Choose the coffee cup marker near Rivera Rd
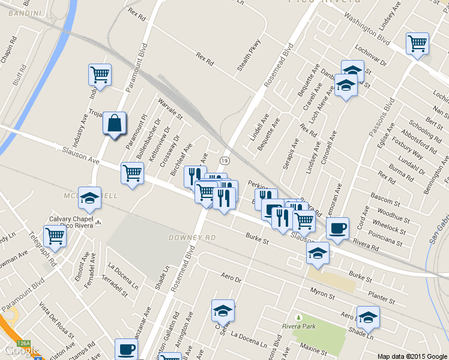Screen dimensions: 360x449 [x=337, y=228]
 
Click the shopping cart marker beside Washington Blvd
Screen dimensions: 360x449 [x=417, y=43]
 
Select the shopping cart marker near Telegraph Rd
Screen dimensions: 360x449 [x=55, y=236]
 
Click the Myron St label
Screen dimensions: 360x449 [x=323, y=293]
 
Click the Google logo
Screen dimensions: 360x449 [x=20, y=350]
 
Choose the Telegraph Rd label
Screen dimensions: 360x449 [x=46, y=254]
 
